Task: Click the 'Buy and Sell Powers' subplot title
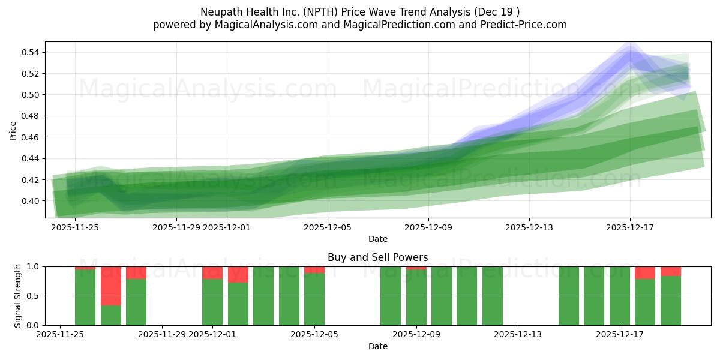[x=377, y=257]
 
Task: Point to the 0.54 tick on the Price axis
[x=31, y=53]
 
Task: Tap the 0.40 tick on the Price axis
[x=31, y=201]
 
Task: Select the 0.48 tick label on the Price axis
[x=31, y=116]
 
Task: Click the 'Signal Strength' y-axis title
[x=18, y=296]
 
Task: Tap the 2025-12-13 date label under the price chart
[x=529, y=227]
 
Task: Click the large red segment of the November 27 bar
[x=110, y=286]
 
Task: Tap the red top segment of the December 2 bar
[x=238, y=275]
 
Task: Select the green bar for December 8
[x=390, y=296]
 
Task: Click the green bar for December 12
[x=492, y=296]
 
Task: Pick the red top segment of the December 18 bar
[x=645, y=272]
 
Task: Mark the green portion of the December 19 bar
[x=670, y=301]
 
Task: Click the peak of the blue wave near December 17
[x=629, y=53]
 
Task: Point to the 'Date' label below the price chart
[x=377, y=239]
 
